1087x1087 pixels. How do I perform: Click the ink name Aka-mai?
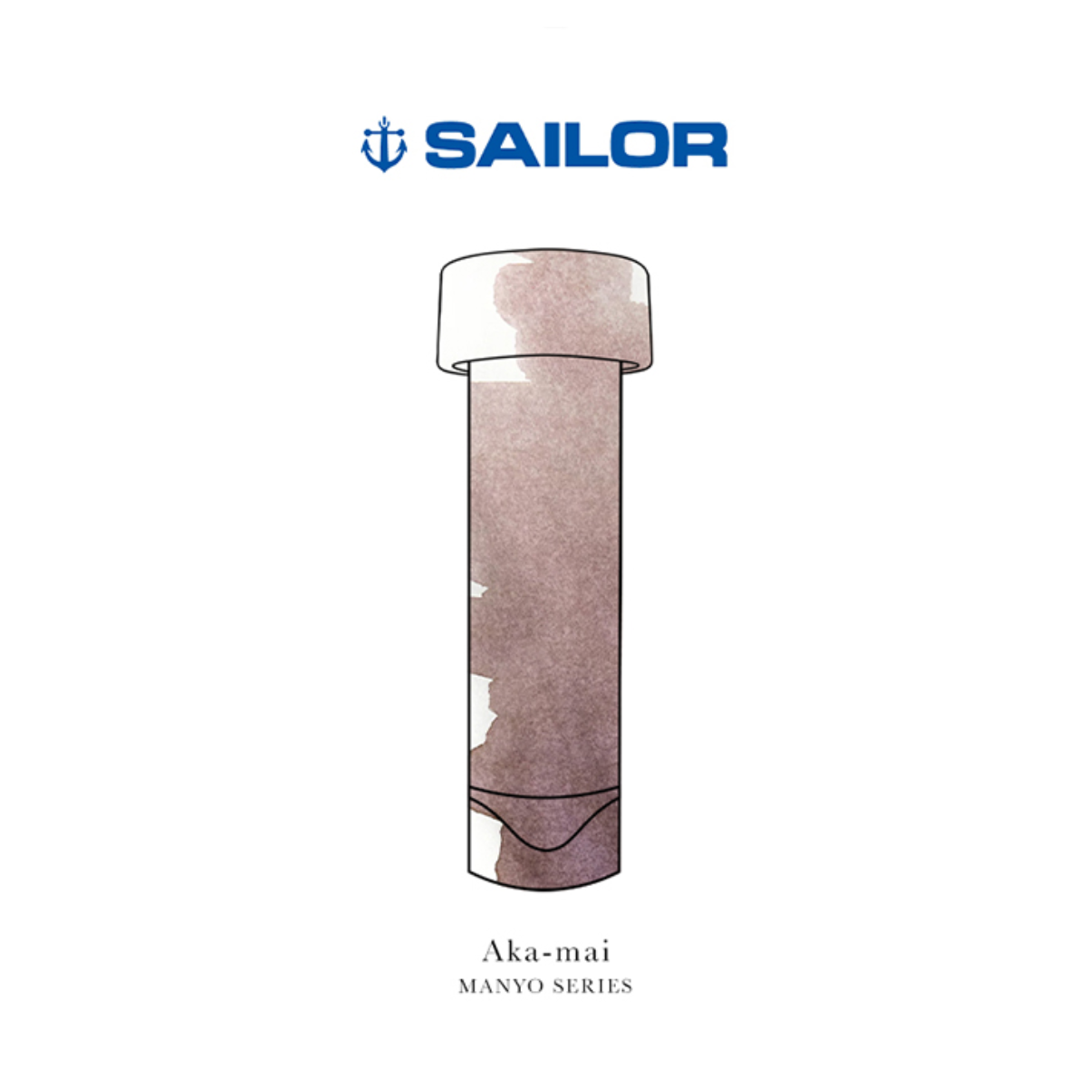coord(545,952)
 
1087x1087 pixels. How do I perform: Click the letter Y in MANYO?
coord(518,986)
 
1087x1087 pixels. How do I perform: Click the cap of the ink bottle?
coord(544,313)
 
